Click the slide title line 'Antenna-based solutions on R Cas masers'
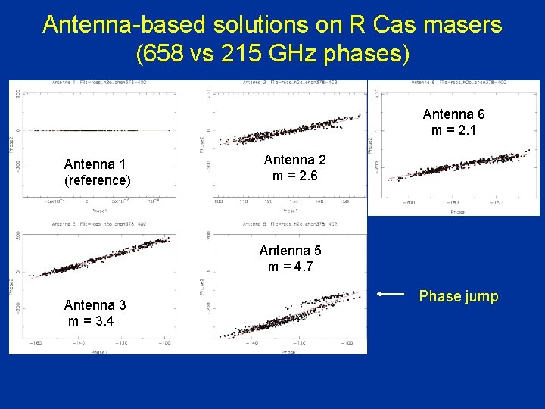pos(272,24)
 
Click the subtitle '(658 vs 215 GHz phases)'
pos(272,55)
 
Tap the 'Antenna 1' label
pos(95,164)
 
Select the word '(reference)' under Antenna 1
pos(98,180)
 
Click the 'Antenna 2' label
pos(295,160)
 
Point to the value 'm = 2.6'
pos(294,176)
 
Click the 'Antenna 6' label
pos(453,114)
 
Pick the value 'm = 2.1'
pos(453,130)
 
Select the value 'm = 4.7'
pos(290,267)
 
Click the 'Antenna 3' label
pos(95,305)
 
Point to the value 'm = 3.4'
pos(92,321)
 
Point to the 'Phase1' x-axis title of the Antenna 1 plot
pos(98,210)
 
